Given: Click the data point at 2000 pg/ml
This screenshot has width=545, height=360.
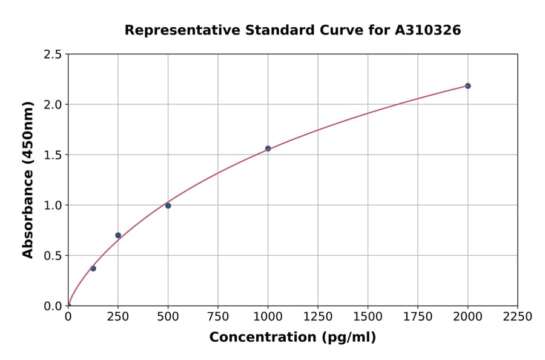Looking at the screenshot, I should click(467, 86).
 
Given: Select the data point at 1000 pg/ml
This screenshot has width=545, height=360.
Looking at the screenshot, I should click(268, 148).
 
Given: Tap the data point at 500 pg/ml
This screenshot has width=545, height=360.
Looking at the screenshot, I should click(168, 205).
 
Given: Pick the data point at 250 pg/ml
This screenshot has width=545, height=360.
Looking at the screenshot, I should click(118, 235).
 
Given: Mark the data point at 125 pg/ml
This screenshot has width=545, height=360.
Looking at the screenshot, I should click(93, 268).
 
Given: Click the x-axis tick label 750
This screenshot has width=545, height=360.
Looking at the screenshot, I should click(218, 317).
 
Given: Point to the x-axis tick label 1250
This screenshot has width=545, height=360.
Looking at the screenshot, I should click(318, 317).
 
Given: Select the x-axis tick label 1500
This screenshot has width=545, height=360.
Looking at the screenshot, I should click(368, 317).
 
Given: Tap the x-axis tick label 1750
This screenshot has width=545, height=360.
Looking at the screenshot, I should click(418, 317).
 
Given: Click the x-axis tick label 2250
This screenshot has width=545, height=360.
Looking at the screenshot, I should click(518, 317).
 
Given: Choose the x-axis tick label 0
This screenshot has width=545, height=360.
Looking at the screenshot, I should click(68, 317).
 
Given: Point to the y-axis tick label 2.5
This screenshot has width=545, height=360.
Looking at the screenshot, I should click(53, 55).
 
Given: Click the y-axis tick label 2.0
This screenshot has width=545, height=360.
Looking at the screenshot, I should click(53, 105).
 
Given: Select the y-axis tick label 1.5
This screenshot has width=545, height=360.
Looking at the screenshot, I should click(53, 155).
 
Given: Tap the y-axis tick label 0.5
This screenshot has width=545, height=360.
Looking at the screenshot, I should click(53, 256).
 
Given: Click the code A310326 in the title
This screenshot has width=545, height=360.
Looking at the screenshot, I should click(428, 30).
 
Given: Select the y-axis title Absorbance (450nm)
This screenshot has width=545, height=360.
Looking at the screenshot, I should click(28, 180).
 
